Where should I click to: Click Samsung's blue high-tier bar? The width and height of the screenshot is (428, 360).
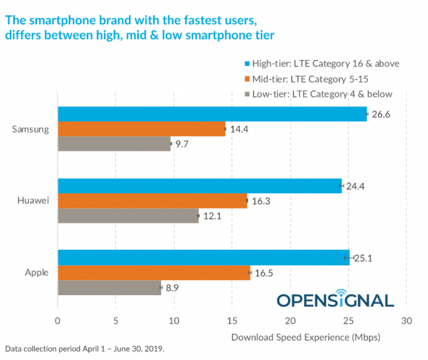click(x=212, y=114)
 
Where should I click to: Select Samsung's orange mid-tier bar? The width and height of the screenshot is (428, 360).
click(x=142, y=129)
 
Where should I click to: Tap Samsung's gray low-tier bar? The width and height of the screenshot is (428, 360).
click(x=114, y=144)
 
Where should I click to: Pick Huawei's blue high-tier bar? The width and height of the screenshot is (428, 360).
click(x=200, y=186)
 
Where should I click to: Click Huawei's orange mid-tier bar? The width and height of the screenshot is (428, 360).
click(x=153, y=201)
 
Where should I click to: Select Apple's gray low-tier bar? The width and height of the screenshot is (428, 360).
click(x=109, y=288)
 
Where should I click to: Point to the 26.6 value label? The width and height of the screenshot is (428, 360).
click(x=381, y=114)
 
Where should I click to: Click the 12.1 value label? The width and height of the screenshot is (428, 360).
click(x=212, y=216)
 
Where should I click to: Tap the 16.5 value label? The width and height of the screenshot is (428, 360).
click(x=264, y=273)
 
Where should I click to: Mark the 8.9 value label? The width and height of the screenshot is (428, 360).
click(x=172, y=288)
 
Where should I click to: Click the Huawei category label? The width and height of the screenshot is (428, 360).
click(x=33, y=200)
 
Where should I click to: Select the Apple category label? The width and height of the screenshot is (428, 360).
click(x=37, y=273)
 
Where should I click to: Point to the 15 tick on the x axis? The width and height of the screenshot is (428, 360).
click(x=232, y=321)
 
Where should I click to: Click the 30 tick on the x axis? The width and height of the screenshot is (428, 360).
click(x=407, y=321)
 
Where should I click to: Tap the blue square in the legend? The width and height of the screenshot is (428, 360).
click(x=247, y=64)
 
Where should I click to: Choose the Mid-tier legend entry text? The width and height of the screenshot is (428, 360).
click(x=311, y=79)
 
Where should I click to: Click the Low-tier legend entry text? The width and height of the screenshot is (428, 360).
click(x=322, y=94)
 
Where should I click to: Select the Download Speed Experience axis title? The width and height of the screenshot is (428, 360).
click(x=306, y=337)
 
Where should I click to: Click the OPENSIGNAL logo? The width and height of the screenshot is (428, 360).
click(x=336, y=298)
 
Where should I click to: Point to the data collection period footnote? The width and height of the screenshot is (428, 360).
click(x=84, y=349)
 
